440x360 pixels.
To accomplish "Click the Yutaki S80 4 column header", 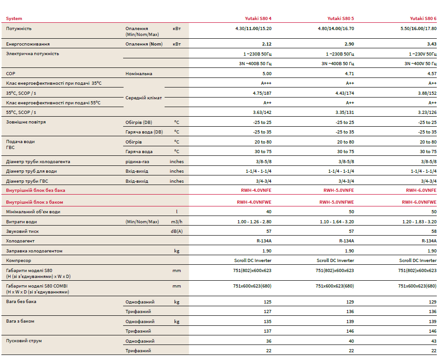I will tap(258, 19).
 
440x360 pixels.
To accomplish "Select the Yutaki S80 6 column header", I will tap(423, 19).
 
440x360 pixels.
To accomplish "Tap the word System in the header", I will tap(14, 19).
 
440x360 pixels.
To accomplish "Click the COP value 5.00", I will tap(267, 73).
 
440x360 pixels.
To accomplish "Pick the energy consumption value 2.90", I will tap(349, 44).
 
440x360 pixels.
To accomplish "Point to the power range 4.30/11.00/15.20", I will tap(250, 28).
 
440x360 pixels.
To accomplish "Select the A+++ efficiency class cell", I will tap(266, 83).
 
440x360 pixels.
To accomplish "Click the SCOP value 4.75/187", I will tap(262, 93).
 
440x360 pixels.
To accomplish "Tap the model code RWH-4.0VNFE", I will tap(256, 191).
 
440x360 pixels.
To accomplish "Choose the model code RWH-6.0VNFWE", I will tap(419, 202).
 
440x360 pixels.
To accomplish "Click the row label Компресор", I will tap(19, 261).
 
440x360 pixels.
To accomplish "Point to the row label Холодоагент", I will tap(20, 241).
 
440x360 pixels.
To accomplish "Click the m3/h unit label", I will tap(177, 222).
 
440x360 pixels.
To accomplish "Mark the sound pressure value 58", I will tap(433, 231).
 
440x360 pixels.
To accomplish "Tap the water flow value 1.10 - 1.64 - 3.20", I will tap(336, 222).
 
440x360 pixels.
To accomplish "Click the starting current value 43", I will tap(433, 341).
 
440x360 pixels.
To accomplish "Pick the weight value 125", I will tap(268, 302).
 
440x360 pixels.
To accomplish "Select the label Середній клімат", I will tap(144, 98).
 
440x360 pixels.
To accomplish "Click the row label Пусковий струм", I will tap(23, 341).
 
